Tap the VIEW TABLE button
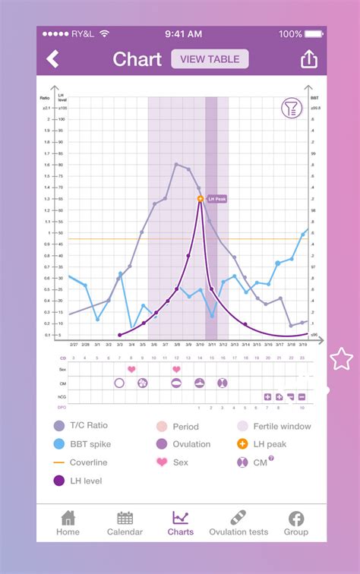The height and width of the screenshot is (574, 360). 210,59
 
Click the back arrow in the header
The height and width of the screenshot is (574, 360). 52,59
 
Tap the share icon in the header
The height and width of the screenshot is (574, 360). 309,59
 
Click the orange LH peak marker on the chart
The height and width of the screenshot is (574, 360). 201,199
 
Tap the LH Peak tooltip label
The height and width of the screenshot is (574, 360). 216,199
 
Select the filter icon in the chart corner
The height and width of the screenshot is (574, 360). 291,108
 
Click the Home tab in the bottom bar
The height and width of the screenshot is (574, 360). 68,523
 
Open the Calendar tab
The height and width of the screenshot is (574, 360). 125,523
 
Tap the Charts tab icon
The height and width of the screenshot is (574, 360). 180,519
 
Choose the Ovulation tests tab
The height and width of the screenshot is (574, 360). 238,523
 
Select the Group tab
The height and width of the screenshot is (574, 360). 295,523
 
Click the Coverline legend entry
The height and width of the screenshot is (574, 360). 81,462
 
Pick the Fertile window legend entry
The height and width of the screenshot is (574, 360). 273,426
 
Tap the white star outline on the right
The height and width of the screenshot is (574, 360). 341,359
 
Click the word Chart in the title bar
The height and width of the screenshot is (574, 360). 137,59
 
